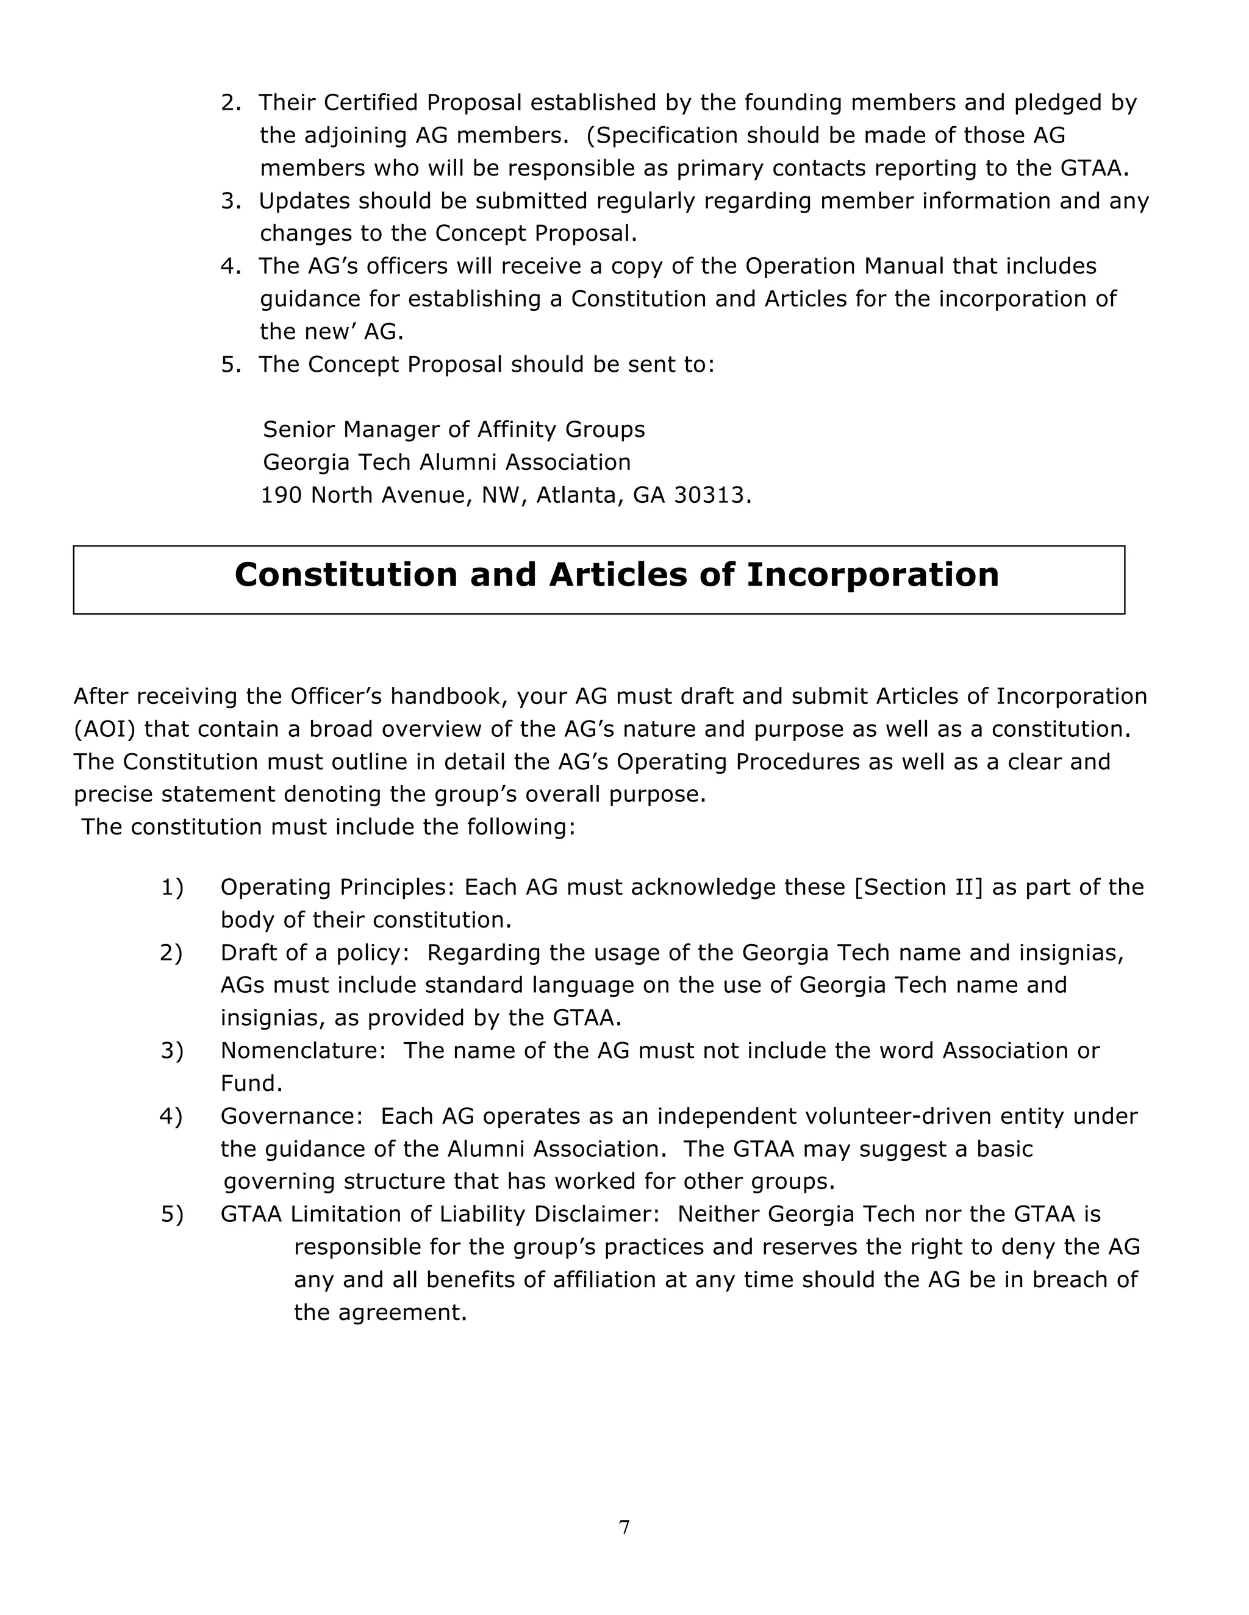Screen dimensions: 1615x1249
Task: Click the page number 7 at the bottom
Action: click(x=624, y=1527)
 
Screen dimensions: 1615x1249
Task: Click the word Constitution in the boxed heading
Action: click(x=346, y=575)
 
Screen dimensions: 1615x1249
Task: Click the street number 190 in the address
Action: click(x=281, y=495)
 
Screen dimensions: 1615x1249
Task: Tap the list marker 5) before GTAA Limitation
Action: click(x=171, y=1214)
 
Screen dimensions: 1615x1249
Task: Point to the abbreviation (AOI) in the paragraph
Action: click(x=104, y=729)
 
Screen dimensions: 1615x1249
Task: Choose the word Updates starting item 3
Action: click(x=304, y=201)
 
